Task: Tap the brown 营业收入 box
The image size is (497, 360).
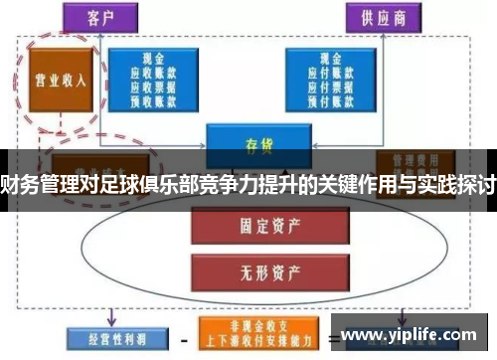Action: point(57,81)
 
